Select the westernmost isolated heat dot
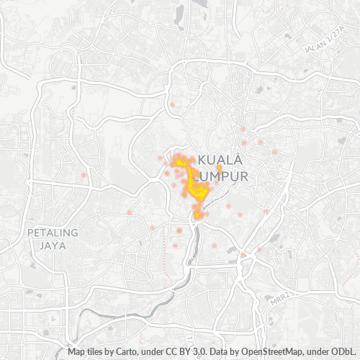tap(84, 175)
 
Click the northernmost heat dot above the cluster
tap(173, 105)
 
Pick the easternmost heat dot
tap(275, 152)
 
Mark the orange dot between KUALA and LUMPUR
tap(219, 168)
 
